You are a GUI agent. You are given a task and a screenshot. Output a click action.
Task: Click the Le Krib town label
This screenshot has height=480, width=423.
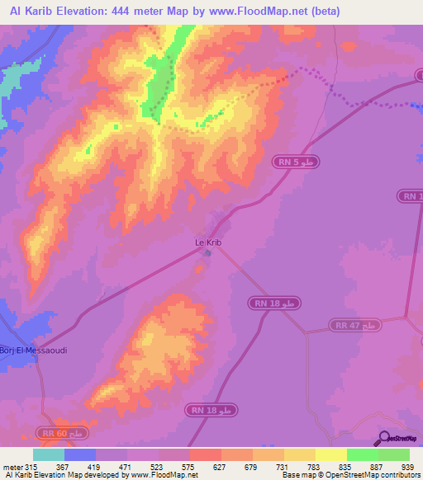[207, 242]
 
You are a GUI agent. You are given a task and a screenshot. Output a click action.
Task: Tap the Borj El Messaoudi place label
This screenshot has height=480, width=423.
[33, 350]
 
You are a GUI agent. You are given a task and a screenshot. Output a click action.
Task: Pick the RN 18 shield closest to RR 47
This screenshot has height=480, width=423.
[273, 304]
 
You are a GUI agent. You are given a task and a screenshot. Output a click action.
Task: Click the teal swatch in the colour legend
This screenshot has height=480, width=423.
[49, 454]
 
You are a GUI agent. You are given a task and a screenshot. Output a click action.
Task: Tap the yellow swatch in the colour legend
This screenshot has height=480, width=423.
[330, 454]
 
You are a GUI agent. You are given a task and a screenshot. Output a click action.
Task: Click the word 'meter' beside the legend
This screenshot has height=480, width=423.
[12, 466]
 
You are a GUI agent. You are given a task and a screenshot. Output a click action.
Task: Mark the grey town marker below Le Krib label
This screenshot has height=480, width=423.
[207, 252]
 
